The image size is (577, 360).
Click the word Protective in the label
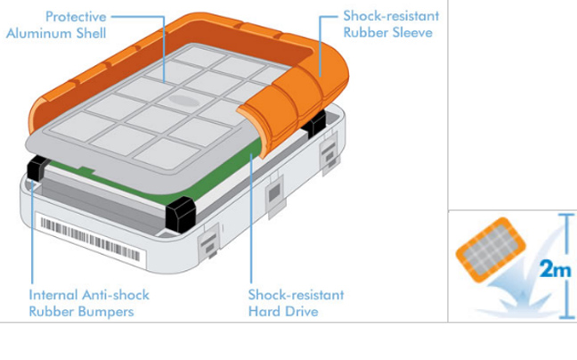click(x=75, y=16)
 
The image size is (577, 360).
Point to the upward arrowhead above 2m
click(x=564, y=220)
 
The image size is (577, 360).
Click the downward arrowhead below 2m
click(x=564, y=313)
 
